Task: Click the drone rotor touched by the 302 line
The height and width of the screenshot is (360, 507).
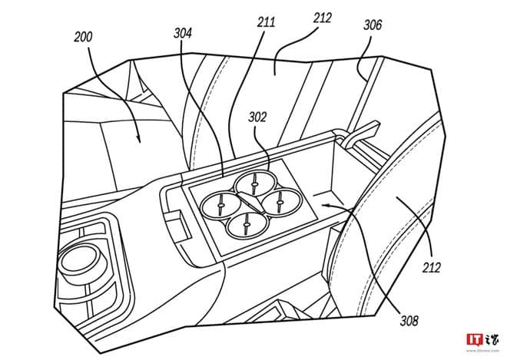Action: (x=253, y=182)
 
